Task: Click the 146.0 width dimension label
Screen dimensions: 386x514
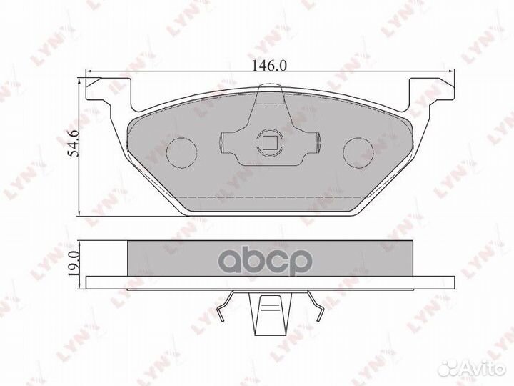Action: click(268, 65)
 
